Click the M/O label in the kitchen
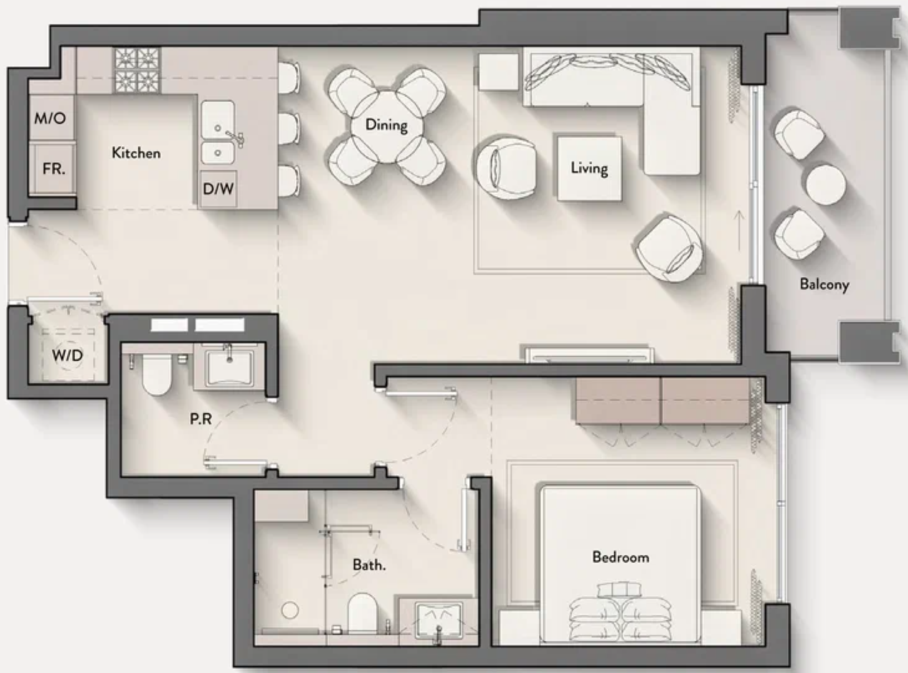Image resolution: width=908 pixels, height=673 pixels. tap(50, 118)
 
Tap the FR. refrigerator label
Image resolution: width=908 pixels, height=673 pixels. tap(54, 169)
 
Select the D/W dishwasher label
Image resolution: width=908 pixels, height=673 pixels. tap(218, 188)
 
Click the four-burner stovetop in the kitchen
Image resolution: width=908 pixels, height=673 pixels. tap(137, 70)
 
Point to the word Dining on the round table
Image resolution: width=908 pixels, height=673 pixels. tap(386, 125)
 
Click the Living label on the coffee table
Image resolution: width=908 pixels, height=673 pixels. tap(589, 168)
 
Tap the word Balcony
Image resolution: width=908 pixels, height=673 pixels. tap(825, 284)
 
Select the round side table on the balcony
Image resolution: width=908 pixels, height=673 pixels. tap(826, 184)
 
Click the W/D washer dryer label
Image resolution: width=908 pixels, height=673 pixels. tap(67, 355)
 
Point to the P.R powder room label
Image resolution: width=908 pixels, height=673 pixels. tap(201, 419)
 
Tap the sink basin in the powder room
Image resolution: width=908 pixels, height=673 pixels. tap(229, 367)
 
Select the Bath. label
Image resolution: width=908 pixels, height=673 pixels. tap(369, 565)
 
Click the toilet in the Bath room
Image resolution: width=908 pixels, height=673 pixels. tap(362, 613)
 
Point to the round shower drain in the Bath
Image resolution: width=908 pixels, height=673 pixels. tap(290, 610)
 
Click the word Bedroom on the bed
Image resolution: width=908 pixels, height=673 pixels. tap(621, 557)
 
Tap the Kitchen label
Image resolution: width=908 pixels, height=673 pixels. tap(136, 153)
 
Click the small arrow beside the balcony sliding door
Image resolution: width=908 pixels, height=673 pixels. tap(739, 231)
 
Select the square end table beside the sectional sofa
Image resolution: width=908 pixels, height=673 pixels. tap(499, 72)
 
